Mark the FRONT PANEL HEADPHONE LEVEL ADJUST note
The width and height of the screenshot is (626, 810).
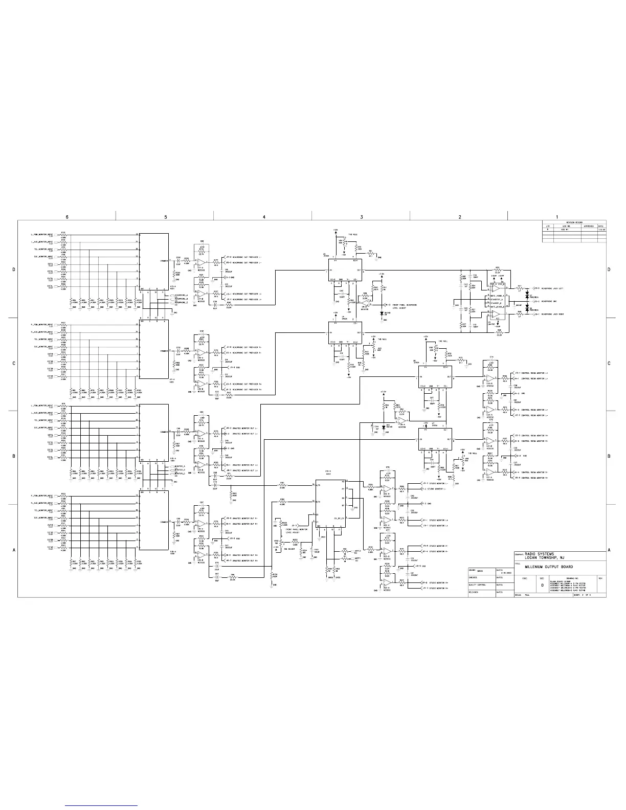coord(405,306)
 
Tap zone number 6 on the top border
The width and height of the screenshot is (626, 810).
coord(67,217)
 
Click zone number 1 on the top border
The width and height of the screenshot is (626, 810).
coord(557,217)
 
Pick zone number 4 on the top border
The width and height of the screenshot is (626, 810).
coord(264,217)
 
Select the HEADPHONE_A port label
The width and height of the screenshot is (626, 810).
coord(182,295)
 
